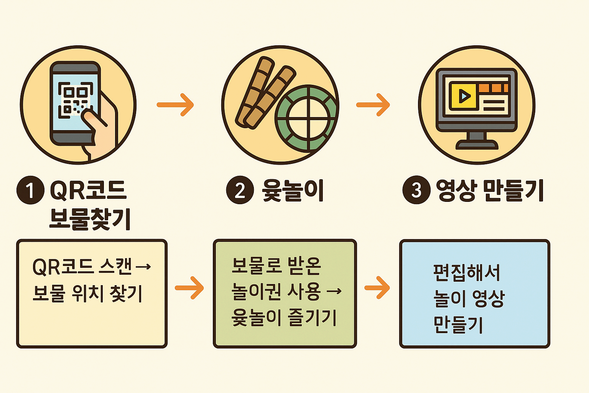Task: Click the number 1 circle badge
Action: click(30, 190)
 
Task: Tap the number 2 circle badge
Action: click(240, 190)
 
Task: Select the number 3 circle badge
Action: click(416, 190)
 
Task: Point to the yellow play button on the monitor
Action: click(463, 96)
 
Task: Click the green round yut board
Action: click(307, 118)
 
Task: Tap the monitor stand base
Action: click(477, 144)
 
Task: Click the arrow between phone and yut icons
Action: click(176, 104)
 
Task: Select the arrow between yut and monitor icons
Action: click(373, 104)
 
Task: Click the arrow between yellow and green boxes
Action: click(189, 287)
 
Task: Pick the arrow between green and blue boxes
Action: click(377, 287)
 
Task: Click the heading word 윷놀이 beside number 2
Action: click(293, 190)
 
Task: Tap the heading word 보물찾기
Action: click(90, 219)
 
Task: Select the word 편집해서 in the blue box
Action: click(467, 272)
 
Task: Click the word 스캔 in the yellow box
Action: click(115, 266)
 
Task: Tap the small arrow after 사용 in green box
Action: click(334, 292)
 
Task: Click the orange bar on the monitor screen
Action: click(493, 88)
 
